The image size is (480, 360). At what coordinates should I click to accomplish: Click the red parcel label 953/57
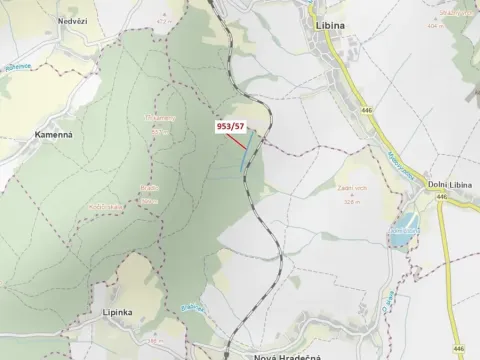coord(230,127)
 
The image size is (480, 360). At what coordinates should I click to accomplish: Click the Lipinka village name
coord(118,312)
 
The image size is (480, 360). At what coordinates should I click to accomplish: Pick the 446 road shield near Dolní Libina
coord(440,197)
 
